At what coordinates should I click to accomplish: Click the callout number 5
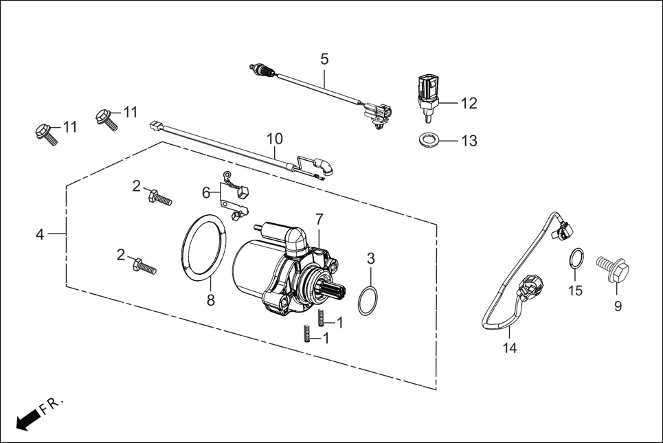pyautogui.click(x=324, y=59)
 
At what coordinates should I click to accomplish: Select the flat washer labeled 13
pyautogui.click(x=430, y=140)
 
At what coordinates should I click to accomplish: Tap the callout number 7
pyautogui.click(x=319, y=219)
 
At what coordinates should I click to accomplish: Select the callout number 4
pyautogui.click(x=40, y=234)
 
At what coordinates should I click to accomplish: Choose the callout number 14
pyautogui.click(x=509, y=348)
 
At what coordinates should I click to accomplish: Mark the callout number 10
pyautogui.click(x=274, y=138)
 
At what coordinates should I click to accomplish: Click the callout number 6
pyautogui.click(x=206, y=192)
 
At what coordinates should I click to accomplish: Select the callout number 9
pyautogui.click(x=618, y=306)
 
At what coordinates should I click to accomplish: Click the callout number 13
pyautogui.click(x=469, y=141)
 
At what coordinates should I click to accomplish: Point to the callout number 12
pyautogui.click(x=469, y=104)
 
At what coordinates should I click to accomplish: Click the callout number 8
pyautogui.click(x=211, y=299)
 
